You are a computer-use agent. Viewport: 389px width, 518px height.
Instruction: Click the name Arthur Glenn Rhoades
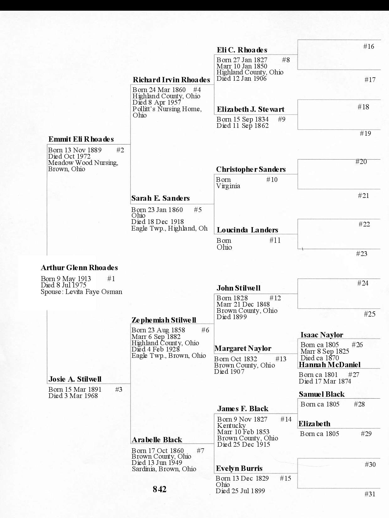(x=79, y=268)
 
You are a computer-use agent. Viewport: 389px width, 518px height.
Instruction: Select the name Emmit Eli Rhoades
(x=81, y=139)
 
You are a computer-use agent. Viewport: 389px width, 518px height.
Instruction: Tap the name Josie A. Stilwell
(x=75, y=379)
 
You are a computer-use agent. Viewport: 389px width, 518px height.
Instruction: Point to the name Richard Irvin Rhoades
(x=171, y=80)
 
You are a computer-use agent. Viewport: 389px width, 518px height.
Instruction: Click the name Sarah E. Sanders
(x=160, y=198)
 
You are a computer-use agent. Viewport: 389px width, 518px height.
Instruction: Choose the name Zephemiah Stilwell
(x=164, y=320)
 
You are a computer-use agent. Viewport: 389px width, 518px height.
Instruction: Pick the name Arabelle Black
(x=157, y=440)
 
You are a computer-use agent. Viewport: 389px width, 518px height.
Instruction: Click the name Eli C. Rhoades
(x=242, y=50)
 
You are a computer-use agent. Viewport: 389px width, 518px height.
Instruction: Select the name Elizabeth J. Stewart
(x=250, y=109)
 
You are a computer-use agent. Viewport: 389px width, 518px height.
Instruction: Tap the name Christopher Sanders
(x=251, y=169)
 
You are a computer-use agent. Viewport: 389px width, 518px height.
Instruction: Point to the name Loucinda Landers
(x=247, y=230)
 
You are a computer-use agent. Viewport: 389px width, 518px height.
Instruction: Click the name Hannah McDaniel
(x=329, y=365)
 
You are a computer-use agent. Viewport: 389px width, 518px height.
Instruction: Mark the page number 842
(x=159, y=489)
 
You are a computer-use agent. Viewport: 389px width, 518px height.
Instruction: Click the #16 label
(x=369, y=46)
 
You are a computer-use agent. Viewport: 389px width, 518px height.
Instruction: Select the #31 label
(x=370, y=494)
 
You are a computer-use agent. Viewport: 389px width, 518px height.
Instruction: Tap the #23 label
(x=361, y=254)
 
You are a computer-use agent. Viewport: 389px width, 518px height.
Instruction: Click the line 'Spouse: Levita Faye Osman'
(x=81, y=292)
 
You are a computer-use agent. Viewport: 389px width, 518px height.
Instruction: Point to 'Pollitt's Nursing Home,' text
(x=167, y=109)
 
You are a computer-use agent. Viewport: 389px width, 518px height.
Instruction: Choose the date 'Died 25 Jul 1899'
(x=240, y=491)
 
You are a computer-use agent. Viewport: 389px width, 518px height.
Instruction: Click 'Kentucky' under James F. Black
(x=231, y=426)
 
